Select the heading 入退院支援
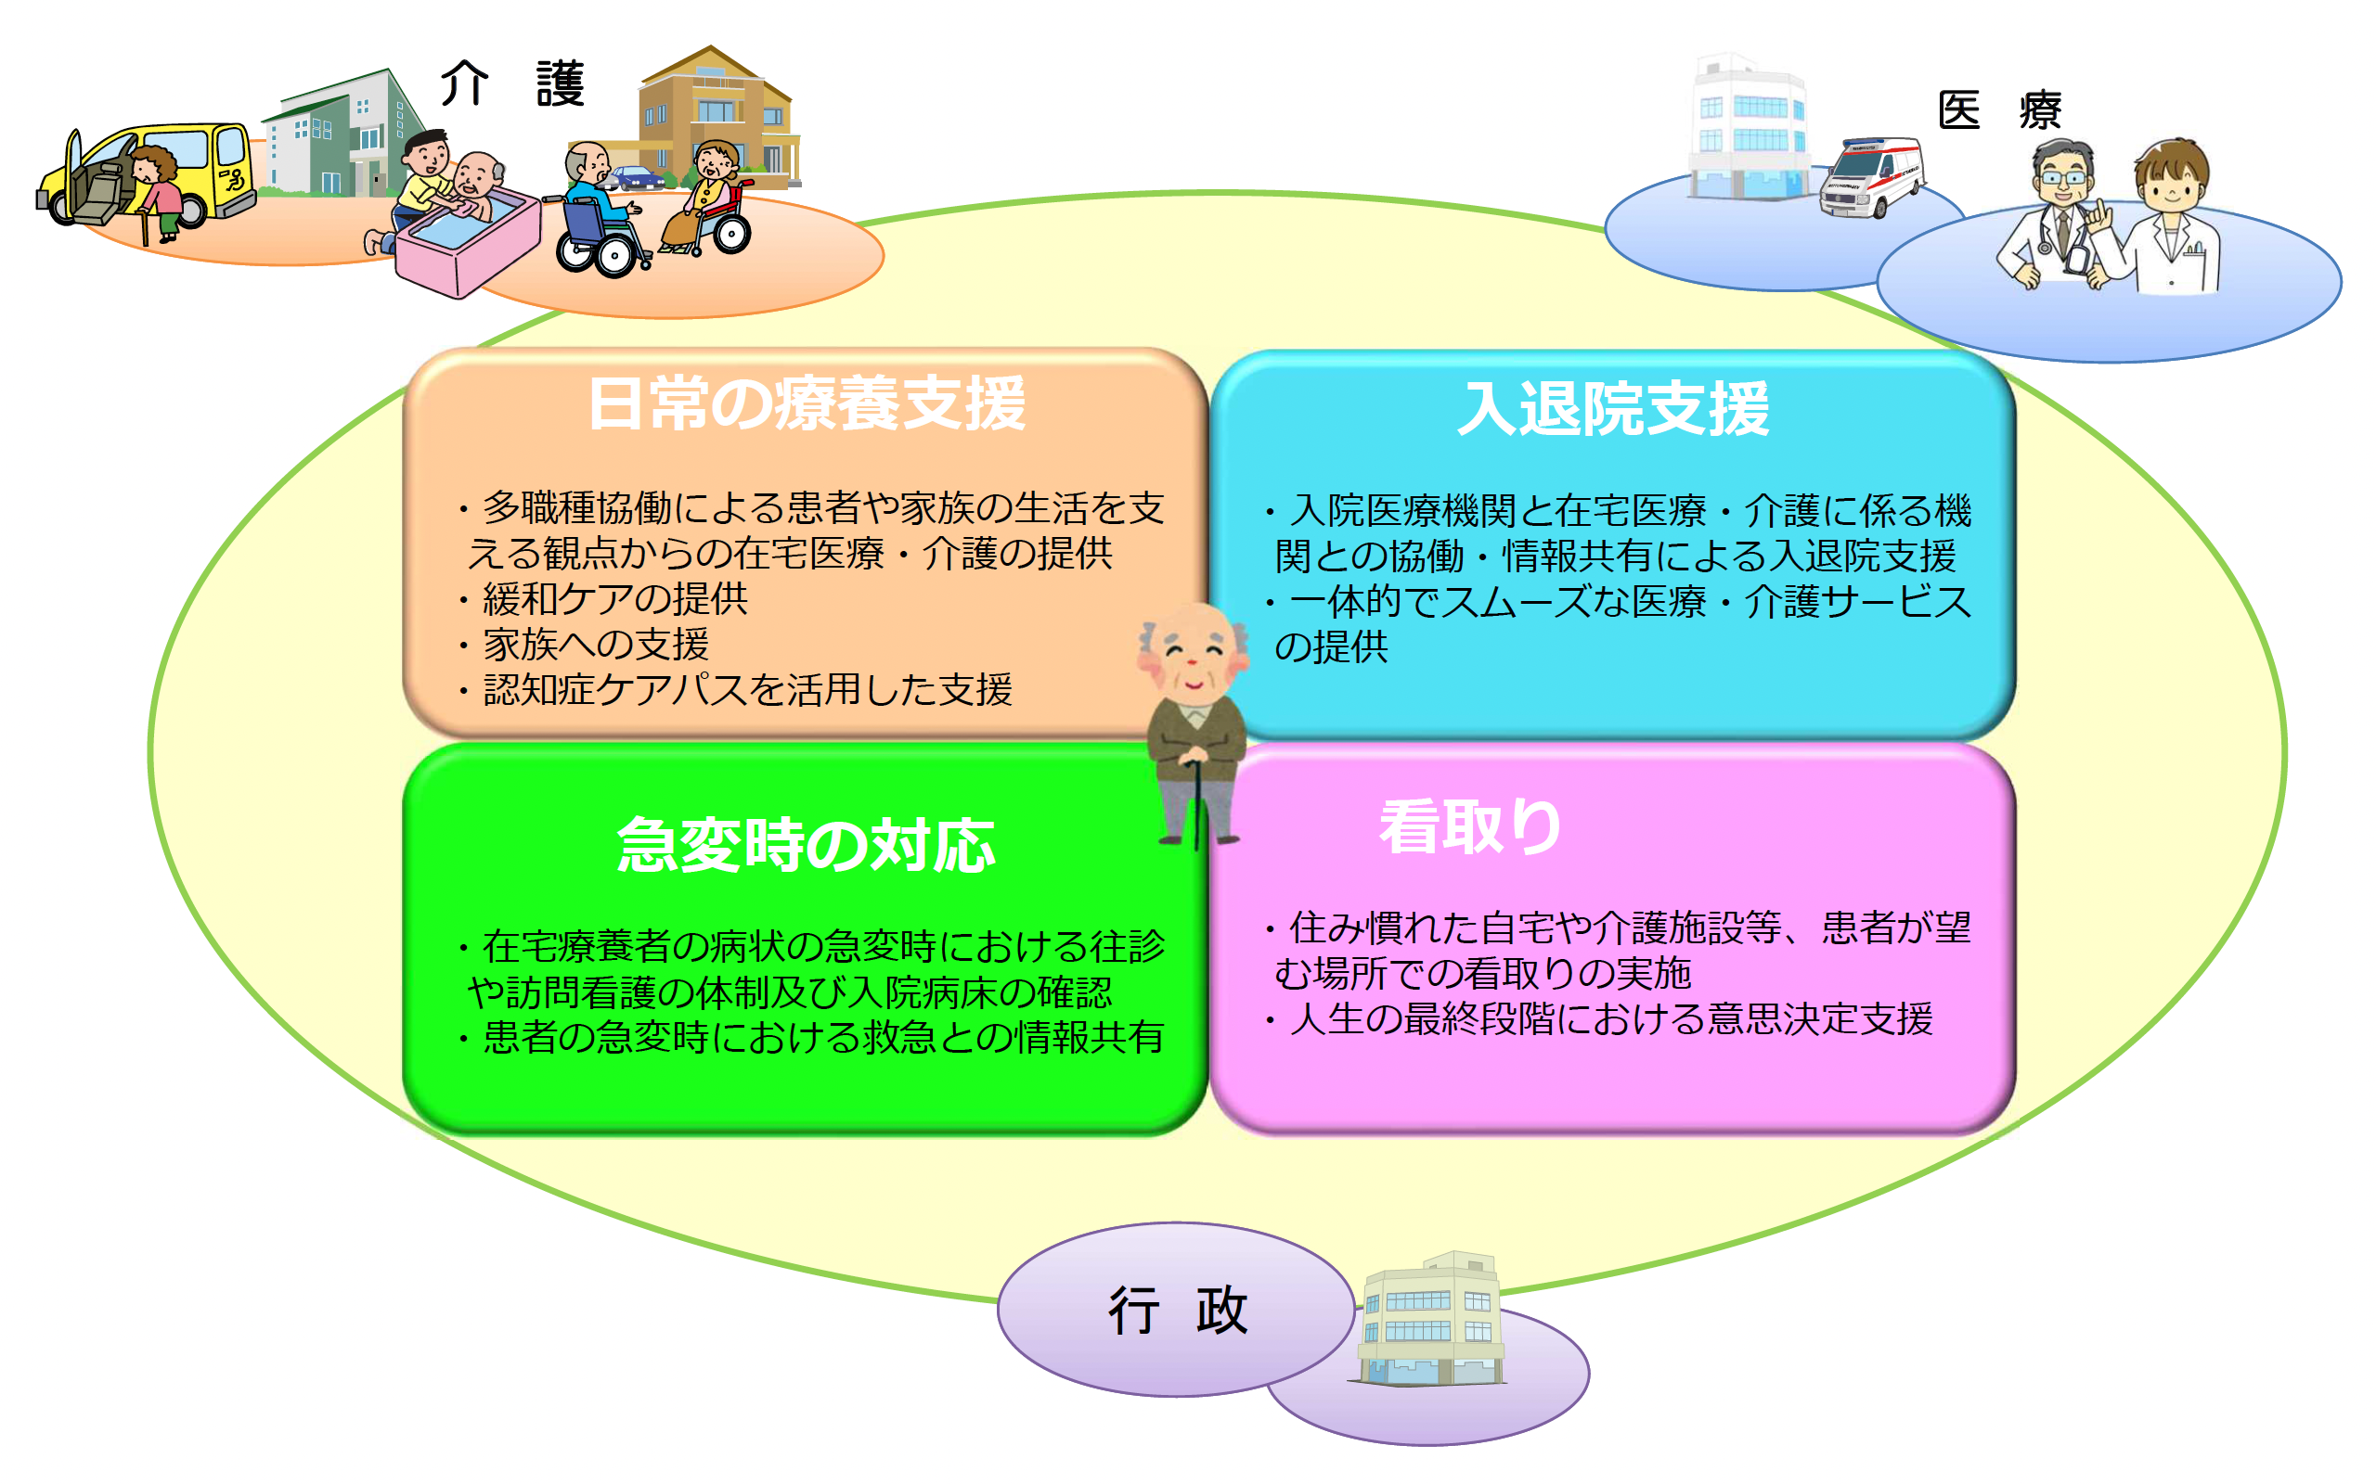1613,408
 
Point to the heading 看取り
1470,826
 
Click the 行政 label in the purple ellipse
1177,1311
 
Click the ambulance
1871,176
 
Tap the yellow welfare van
148,176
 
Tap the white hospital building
1749,128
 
